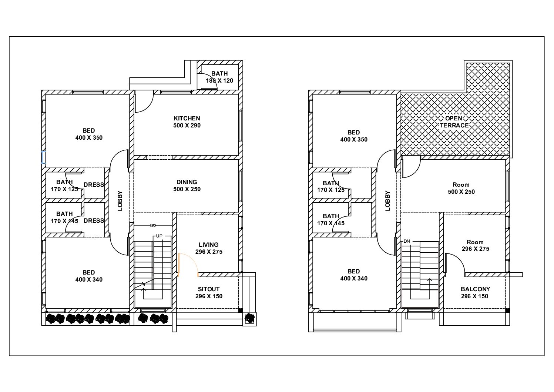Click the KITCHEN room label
(x=187, y=118)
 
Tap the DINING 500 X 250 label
(x=187, y=186)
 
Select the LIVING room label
(x=208, y=245)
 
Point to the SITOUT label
(x=208, y=289)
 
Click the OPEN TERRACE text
(x=454, y=122)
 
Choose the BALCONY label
(x=475, y=289)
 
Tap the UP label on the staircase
(x=159, y=236)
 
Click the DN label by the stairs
(x=407, y=241)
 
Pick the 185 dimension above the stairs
(x=153, y=225)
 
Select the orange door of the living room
(x=188, y=265)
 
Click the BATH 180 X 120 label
(x=219, y=77)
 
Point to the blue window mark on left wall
(x=44, y=157)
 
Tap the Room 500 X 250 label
(x=461, y=188)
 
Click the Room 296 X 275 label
(x=475, y=245)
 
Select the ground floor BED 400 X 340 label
(x=89, y=276)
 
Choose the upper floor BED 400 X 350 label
(x=354, y=136)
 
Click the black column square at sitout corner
(x=241, y=310)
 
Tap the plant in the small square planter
(x=249, y=318)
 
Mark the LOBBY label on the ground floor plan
(x=120, y=201)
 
